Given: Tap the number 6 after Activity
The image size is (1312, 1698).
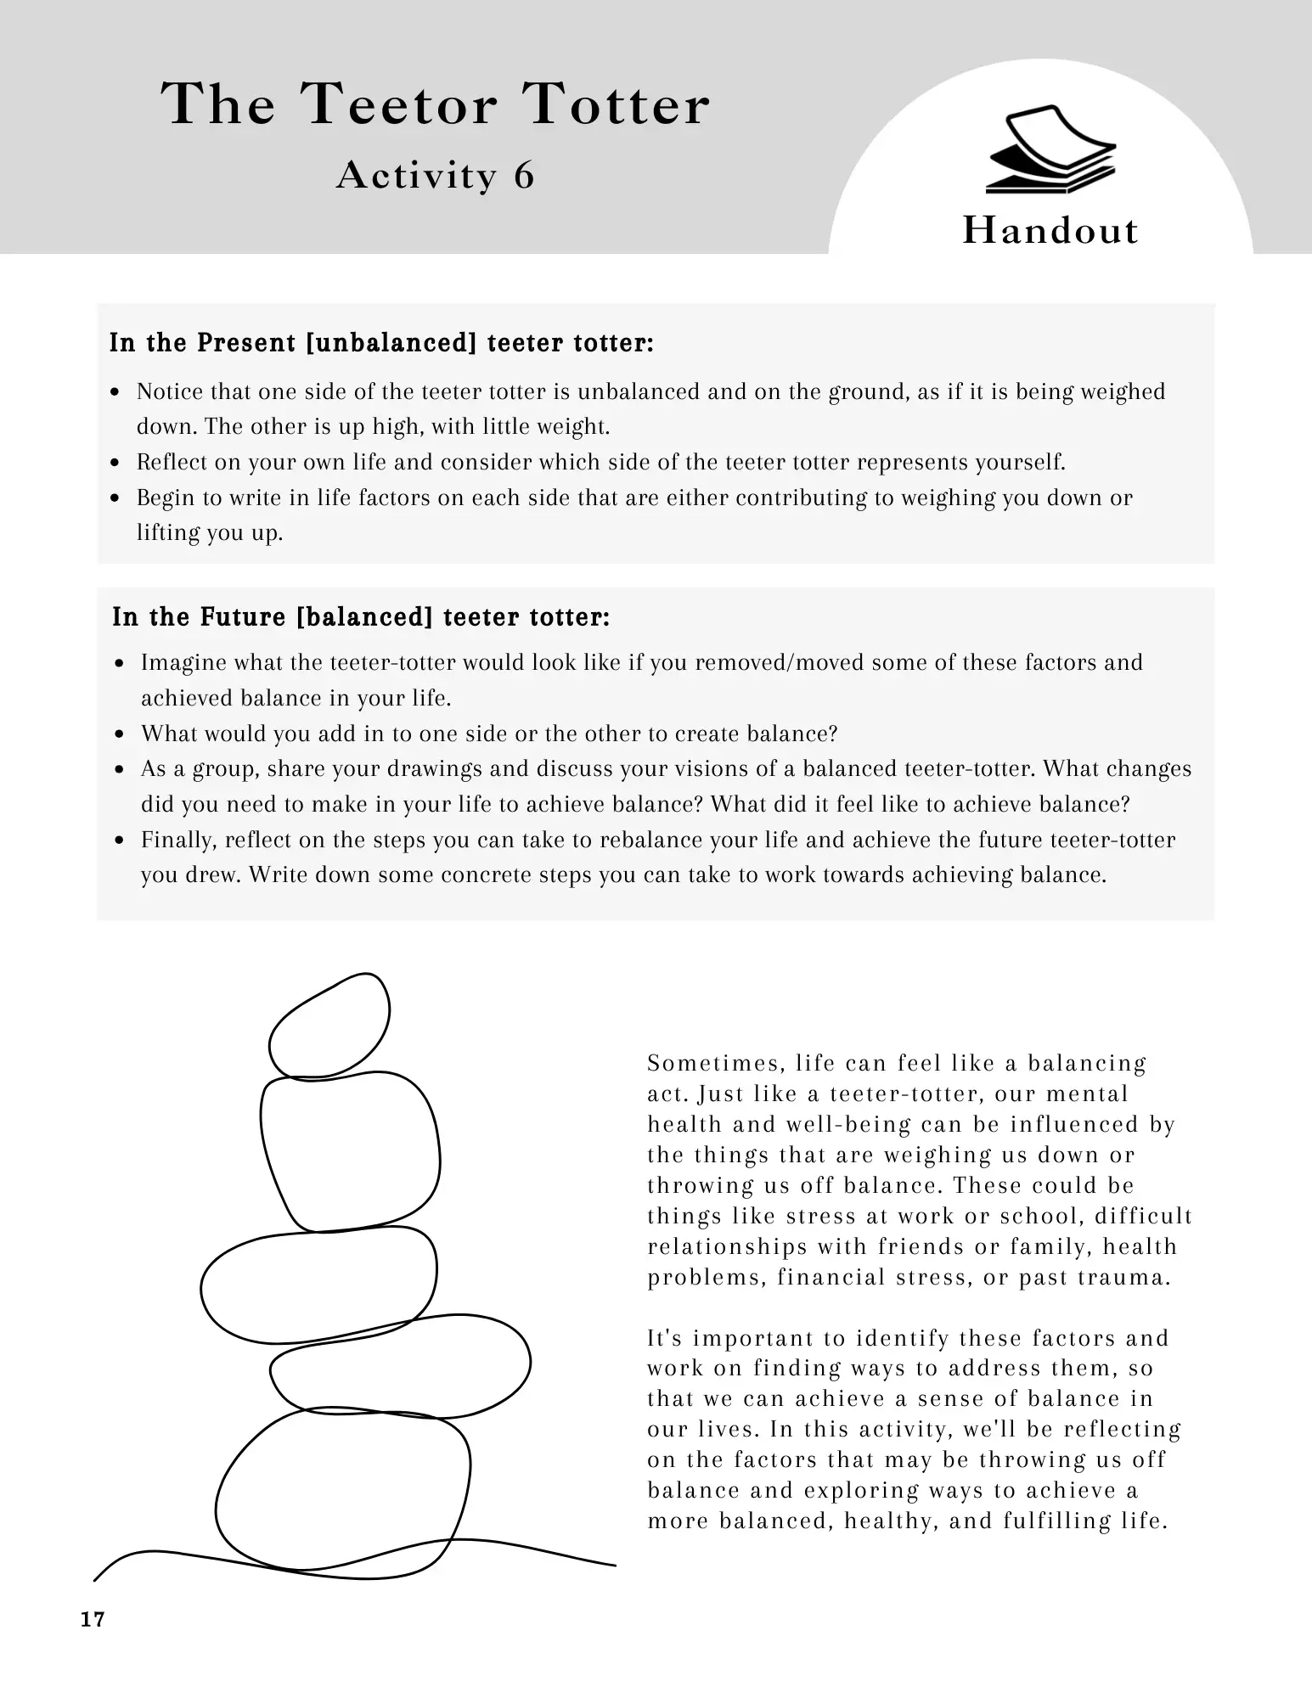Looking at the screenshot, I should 524,176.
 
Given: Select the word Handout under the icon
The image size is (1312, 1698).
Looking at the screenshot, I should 1050,231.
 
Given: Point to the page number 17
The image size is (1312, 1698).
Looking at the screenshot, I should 93,1620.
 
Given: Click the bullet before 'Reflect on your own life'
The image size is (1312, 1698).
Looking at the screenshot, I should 116,464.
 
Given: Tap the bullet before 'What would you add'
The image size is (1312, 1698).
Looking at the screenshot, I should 121,734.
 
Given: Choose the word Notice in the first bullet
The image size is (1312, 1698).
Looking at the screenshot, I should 170,391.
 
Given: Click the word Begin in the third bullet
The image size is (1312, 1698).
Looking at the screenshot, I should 166,498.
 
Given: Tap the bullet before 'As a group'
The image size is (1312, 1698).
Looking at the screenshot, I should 121,770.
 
